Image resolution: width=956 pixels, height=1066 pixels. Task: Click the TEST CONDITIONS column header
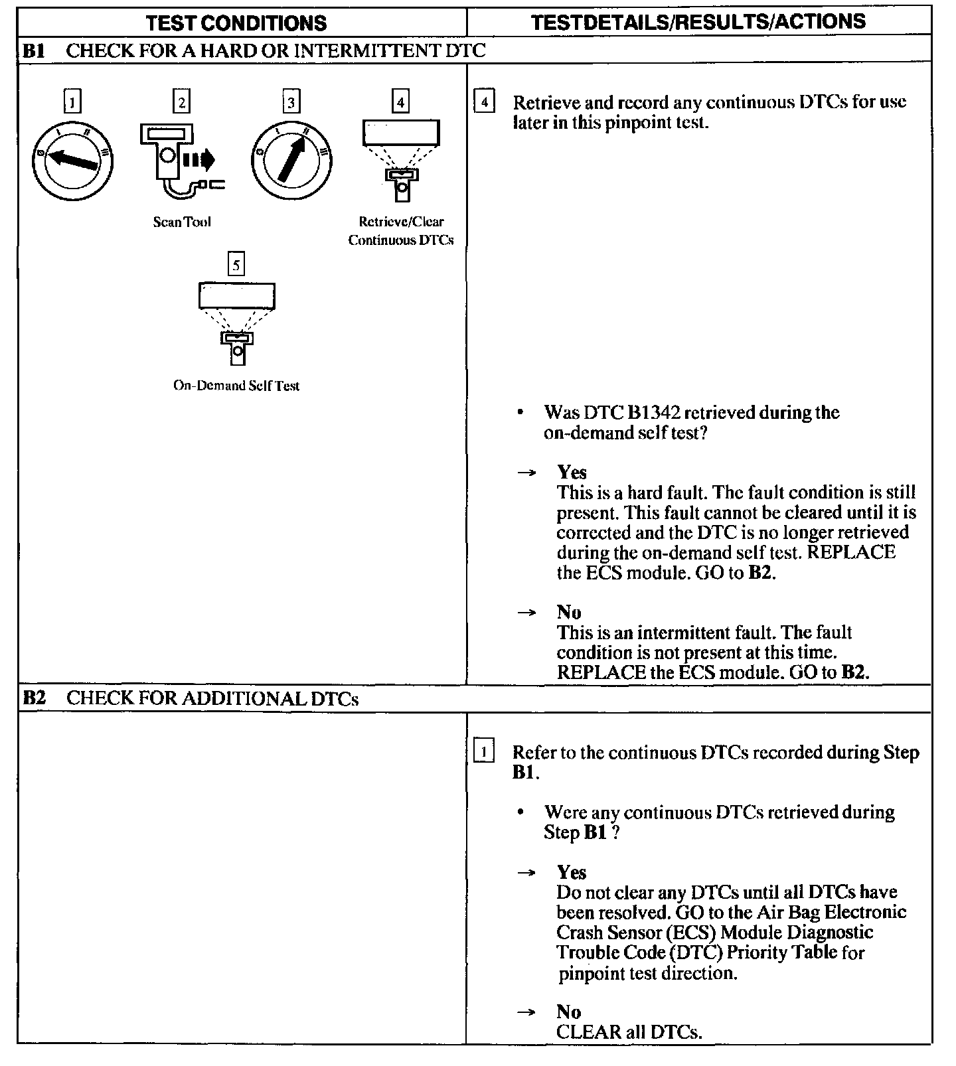tap(236, 23)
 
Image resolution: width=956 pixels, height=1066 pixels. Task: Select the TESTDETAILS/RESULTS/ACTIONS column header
tap(698, 22)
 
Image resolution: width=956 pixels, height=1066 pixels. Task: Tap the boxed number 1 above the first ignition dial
tap(72, 102)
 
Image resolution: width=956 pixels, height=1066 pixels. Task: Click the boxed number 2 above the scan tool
tap(181, 102)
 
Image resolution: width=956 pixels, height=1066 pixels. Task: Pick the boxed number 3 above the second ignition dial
tap(291, 102)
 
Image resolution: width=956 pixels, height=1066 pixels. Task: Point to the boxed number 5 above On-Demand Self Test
tap(236, 265)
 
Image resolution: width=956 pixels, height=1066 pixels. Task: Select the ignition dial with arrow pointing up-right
tap(291, 160)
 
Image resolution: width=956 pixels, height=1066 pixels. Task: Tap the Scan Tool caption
tap(182, 222)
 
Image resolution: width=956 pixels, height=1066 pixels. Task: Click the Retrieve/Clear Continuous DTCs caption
tap(401, 231)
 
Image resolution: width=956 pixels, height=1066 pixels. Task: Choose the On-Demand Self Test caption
tap(236, 386)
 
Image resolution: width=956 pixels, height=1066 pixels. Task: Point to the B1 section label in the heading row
tap(33, 51)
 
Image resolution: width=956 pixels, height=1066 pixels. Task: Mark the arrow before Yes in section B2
tap(526, 873)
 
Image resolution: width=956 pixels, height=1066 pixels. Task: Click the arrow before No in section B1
tap(526, 613)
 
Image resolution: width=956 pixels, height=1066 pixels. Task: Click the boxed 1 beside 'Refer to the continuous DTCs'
tap(484, 752)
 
